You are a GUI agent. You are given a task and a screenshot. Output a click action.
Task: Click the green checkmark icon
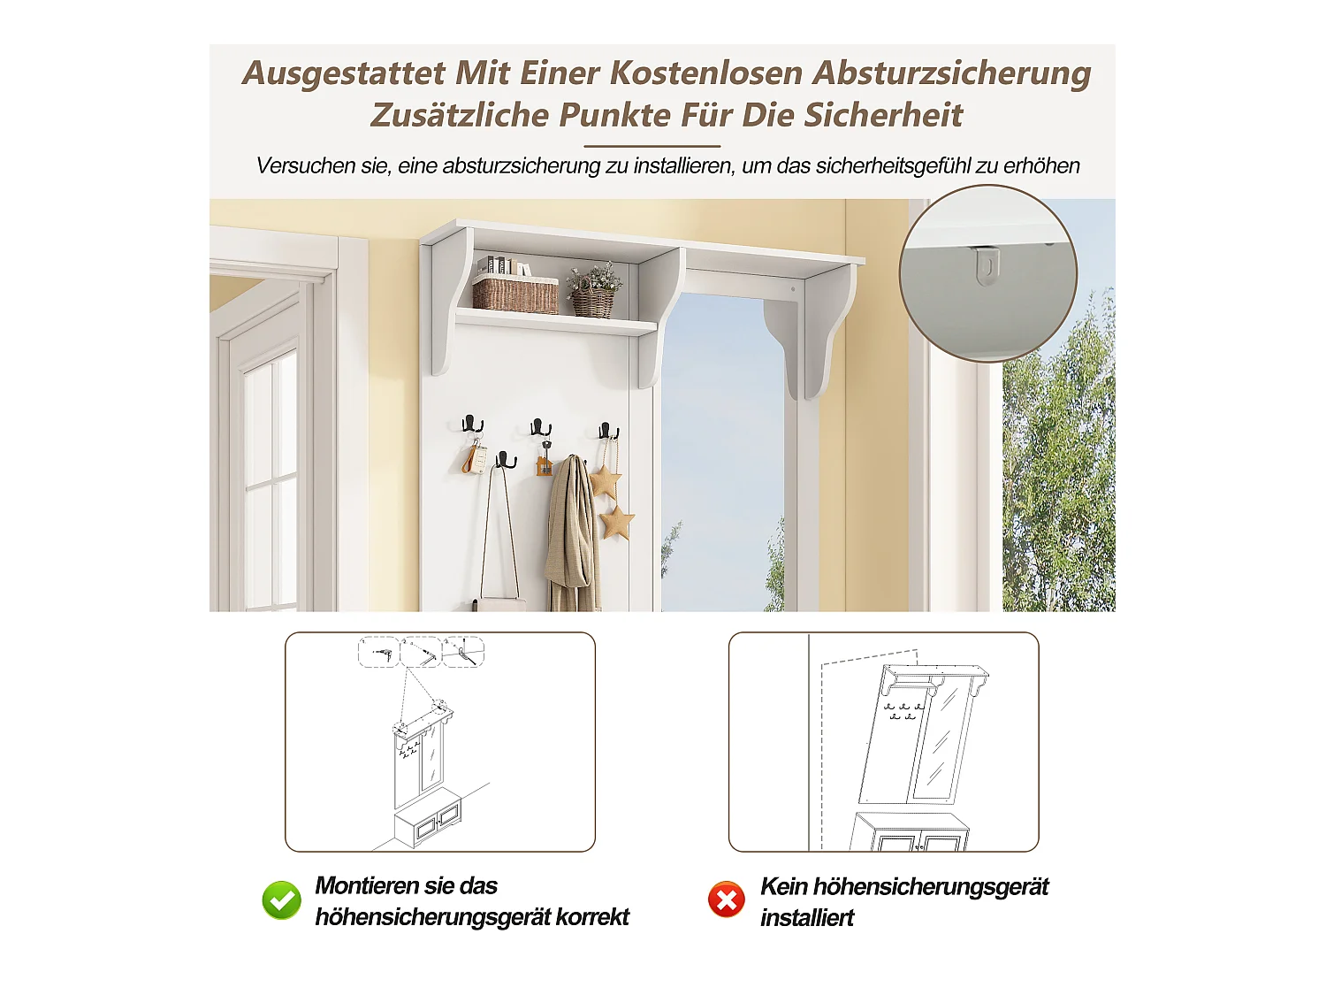[281, 900]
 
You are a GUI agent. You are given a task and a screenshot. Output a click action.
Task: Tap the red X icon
[726, 900]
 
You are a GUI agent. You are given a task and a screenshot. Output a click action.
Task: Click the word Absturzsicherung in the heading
[952, 73]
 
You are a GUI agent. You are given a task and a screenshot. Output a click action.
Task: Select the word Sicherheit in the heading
[883, 115]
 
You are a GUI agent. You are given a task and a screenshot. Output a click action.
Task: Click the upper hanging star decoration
[605, 481]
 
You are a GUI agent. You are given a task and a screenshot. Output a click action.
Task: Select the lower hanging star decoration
[617, 522]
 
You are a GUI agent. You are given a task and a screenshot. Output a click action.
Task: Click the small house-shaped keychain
[544, 466]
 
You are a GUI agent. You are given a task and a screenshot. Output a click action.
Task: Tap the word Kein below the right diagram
[783, 887]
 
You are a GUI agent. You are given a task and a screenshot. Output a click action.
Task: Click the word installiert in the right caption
[807, 918]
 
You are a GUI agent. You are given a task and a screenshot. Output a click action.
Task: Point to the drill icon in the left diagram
[381, 653]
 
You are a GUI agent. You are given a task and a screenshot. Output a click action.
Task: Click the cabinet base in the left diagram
[428, 817]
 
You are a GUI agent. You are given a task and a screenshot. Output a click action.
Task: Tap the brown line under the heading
[652, 146]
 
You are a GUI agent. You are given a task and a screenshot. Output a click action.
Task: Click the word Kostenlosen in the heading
[706, 73]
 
